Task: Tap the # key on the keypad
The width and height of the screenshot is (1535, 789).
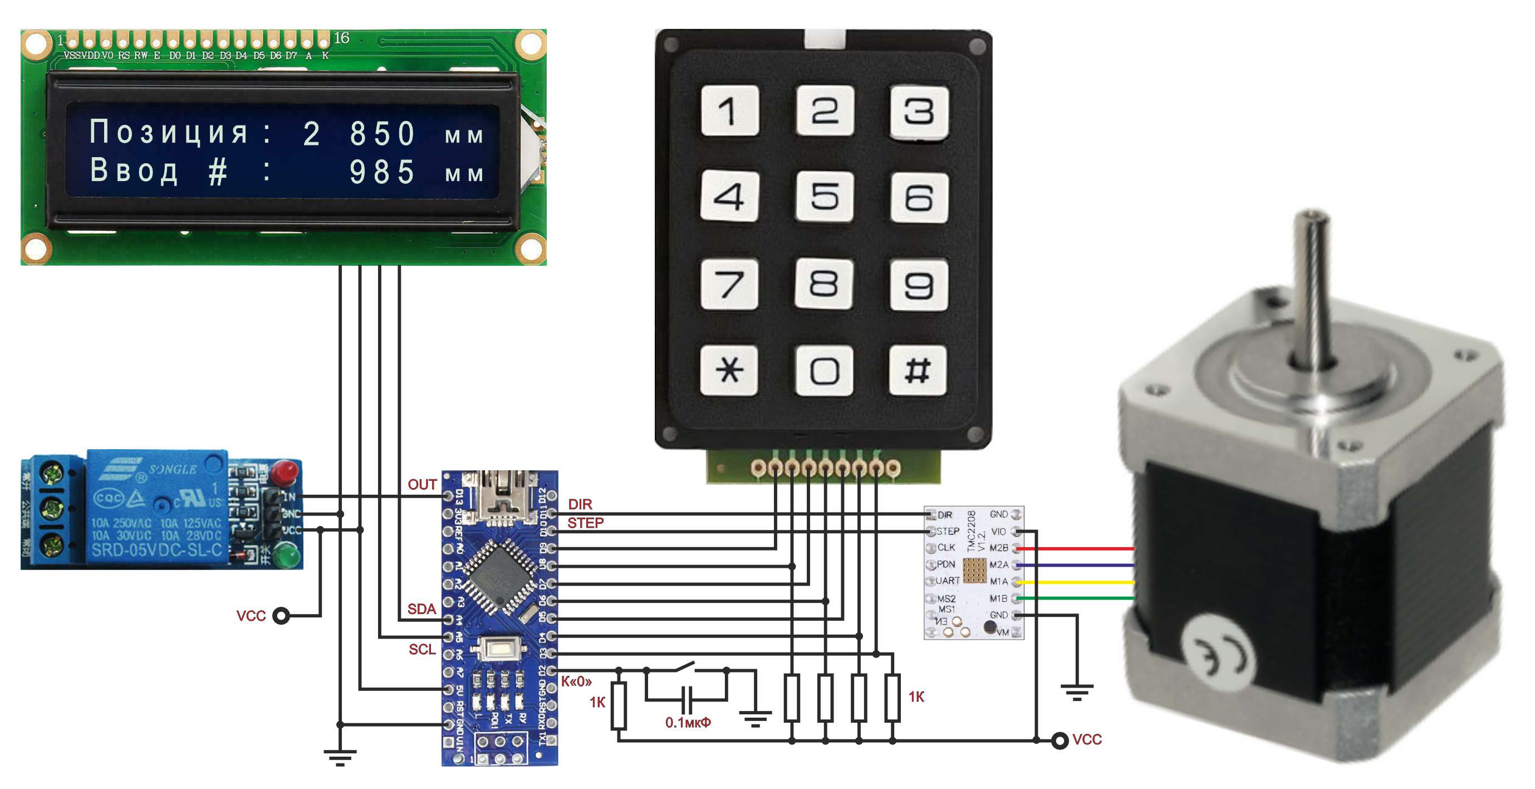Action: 918,370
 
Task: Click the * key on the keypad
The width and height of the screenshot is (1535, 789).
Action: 729,370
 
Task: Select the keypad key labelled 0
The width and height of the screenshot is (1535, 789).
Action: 824,370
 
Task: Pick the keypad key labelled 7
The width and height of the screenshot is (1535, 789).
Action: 729,284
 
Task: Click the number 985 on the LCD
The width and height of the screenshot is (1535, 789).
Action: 382,172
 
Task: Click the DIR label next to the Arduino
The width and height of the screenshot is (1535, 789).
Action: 580,504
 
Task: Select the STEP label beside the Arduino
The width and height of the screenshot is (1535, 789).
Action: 585,523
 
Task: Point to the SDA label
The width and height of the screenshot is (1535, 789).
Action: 421,608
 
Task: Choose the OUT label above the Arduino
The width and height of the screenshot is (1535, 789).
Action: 422,484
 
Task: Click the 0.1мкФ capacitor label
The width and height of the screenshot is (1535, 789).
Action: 688,722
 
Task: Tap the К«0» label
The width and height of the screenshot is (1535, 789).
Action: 576,681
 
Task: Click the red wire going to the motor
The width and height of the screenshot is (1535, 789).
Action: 1078,548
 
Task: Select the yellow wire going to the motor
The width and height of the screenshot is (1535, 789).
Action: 1078,582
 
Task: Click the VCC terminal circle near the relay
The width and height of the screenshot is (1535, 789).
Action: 281,616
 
